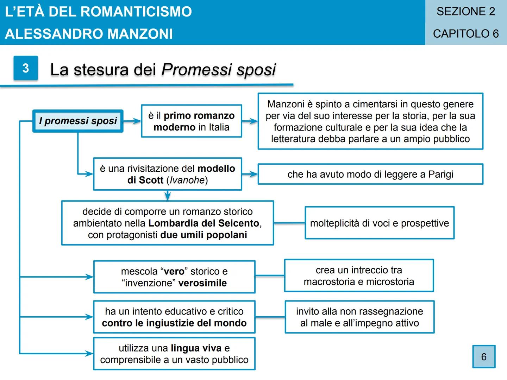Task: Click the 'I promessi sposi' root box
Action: click(78, 121)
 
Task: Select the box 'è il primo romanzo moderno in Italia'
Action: click(191, 121)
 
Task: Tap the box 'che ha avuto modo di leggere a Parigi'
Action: click(370, 174)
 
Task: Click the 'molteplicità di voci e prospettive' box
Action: click(380, 223)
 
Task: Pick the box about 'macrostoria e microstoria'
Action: click(359, 276)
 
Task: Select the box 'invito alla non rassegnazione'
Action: click(359, 317)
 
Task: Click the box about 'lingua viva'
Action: click(174, 354)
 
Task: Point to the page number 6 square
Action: click(484, 357)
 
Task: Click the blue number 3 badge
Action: click(26, 68)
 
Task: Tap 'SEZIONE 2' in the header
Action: click(466, 12)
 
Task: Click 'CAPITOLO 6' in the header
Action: click(466, 34)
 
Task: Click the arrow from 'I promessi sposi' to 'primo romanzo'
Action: click(132, 121)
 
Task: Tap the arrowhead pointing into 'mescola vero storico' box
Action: click(88, 277)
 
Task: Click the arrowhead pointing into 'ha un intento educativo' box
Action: click(88, 317)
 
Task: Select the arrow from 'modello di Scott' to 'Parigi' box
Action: click(250, 174)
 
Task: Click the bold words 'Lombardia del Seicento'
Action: click(204, 223)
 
